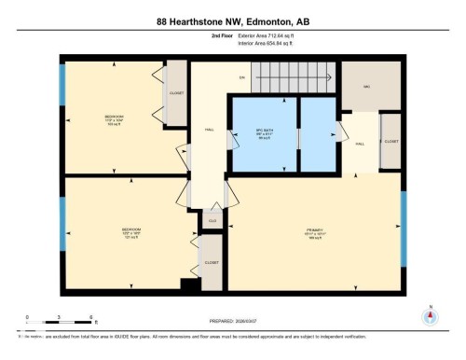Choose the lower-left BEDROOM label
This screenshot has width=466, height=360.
pyautogui.click(x=130, y=230)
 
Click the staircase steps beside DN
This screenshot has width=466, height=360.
pyautogui.click(x=280, y=78)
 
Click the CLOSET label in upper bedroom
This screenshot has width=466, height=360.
pyautogui.click(x=175, y=93)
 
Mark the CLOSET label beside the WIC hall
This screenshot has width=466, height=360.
pyautogui.click(x=391, y=140)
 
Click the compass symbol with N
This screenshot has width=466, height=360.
pyautogui.click(x=430, y=314)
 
